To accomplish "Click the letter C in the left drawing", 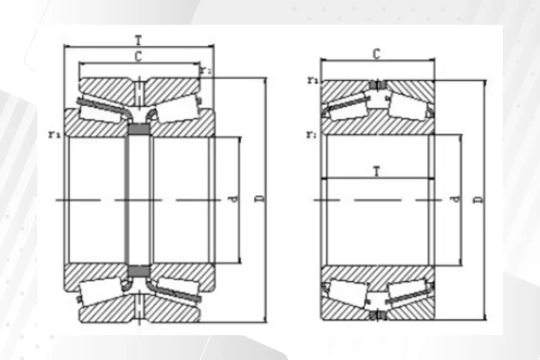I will [138, 57].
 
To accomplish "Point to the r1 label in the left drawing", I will [55, 135].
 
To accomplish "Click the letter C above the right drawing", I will [377, 54].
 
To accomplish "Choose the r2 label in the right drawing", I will [311, 135].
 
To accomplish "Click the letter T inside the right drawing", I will [377, 171].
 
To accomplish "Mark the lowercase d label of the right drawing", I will [456, 199].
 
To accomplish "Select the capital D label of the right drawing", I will [479, 199].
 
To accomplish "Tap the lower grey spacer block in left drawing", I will [139, 271].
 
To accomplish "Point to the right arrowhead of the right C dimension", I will [433, 60].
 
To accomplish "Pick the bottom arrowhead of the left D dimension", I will [265, 320].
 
